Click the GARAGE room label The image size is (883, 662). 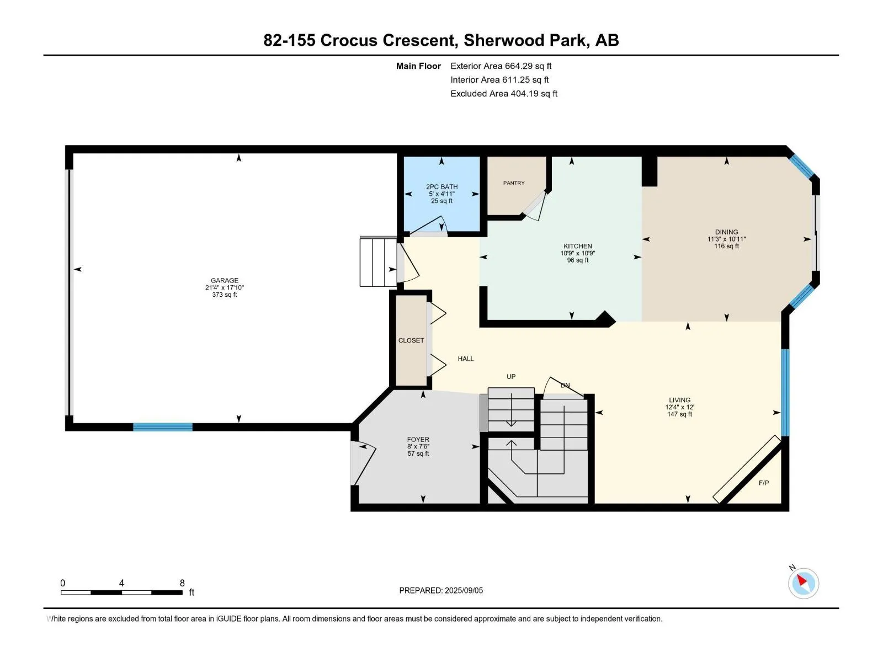[x=225, y=280]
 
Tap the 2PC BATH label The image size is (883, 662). [x=441, y=186]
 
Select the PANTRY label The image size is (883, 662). [x=514, y=183]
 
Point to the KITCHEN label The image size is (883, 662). [x=578, y=246]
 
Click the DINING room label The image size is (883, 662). [x=726, y=232]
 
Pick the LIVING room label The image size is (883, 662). [x=679, y=400]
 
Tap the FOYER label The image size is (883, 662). [x=418, y=439]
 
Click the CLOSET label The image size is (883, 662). [x=411, y=340]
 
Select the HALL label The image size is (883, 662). [x=466, y=359]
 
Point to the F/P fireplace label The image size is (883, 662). [x=764, y=483]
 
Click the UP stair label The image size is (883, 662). [x=511, y=377]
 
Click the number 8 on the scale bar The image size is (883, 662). [x=182, y=583]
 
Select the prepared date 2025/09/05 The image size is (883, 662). [x=464, y=590]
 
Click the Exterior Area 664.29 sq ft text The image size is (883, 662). [x=501, y=66]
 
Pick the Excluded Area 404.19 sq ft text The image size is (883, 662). [x=504, y=94]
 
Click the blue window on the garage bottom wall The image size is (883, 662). [x=162, y=427]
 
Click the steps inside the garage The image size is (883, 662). [x=378, y=261]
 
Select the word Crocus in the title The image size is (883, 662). [x=348, y=40]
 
